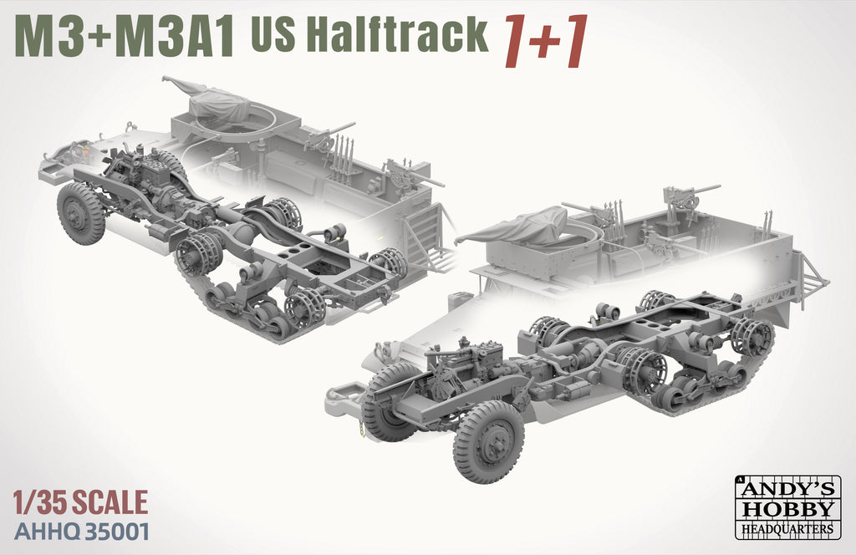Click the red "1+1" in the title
tap(545, 42)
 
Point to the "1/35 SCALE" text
tap(81, 502)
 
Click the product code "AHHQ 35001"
tap(82, 532)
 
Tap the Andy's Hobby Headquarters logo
tap(788, 506)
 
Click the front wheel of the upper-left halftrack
tap(81, 212)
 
